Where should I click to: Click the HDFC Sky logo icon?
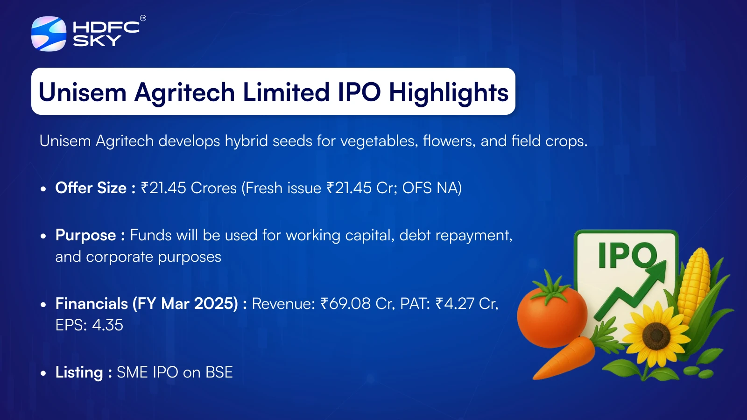tap(49, 34)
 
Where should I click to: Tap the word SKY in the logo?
tap(97, 41)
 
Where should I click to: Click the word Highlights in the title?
tap(449, 93)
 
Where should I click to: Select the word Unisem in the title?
tap(83, 92)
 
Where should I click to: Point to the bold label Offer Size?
tap(91, 188)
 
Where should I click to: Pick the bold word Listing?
tap(79, 373)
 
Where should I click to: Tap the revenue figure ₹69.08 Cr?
tap(356, 304)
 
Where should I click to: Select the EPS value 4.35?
tap(107, 325)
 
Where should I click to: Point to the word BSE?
tap(219, 372)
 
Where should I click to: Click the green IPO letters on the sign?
tap(627, 255)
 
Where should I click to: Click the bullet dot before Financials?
tap(43, 304)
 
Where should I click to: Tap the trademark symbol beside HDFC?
tap(143, 18)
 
